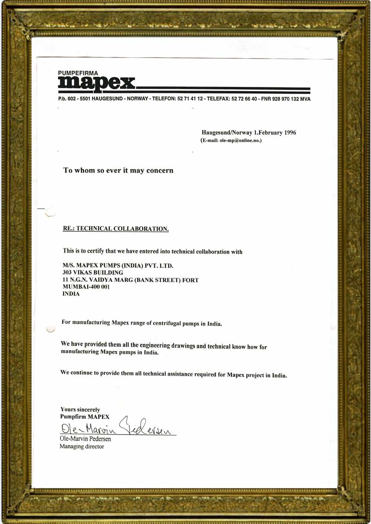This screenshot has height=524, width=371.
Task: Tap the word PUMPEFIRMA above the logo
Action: pos(78,73)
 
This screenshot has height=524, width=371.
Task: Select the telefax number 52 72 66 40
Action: pos(244,99)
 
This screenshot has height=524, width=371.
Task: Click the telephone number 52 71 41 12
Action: pos(190,99)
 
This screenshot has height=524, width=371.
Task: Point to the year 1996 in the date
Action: pos(290,133)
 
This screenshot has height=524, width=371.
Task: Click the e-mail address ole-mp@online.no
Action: pos(240,140)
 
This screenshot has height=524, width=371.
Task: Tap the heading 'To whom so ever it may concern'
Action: pos(118,170)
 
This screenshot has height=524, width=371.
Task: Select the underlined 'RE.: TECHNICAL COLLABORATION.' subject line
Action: pos(116,229)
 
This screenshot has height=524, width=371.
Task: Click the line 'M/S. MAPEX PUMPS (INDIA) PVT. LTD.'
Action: pos(118,266)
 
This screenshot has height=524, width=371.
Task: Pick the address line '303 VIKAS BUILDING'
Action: pos(93,273)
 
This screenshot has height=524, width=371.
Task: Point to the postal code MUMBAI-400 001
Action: pos(86,287)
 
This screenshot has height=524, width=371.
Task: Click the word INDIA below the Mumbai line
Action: pos(71,294)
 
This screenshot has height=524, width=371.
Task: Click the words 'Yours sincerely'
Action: pos(80,409)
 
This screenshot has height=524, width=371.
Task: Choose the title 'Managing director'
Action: pos(82,446)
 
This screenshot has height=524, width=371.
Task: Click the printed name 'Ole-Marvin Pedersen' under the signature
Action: pos(85,439)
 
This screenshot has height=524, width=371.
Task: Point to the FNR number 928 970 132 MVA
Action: pos(291,99)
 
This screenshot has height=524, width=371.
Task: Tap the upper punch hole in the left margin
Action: pos(50,212)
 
